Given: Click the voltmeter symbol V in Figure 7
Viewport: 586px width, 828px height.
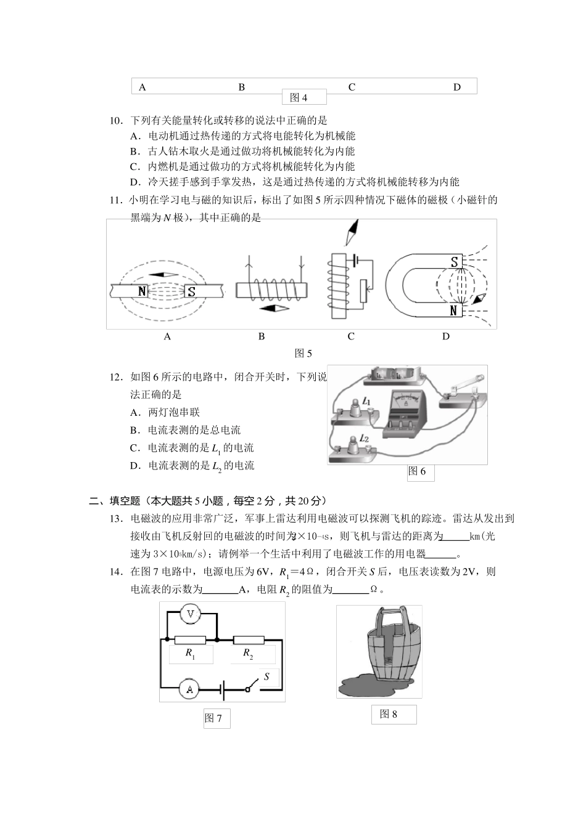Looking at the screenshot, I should click(x=191, y=614).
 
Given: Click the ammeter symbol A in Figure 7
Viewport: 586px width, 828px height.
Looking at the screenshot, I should click(x=189, y=689).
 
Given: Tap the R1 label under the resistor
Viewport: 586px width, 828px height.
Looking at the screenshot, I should click(x=191, y=654).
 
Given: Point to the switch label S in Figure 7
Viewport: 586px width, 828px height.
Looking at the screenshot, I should click(x=266, y=676).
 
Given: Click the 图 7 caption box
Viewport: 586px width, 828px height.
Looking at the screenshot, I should click(x=217, y=718).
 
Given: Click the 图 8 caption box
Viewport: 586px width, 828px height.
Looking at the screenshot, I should click(x=394, y=714).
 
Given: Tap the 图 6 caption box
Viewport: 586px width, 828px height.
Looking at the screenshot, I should click(x=420, y=471).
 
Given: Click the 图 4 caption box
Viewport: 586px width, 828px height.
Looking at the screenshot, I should click(x=303, y=97).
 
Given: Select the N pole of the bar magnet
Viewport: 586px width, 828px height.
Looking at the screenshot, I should click(x=142, y=291).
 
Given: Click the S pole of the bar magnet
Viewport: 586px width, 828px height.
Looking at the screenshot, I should click(x=191, y=291).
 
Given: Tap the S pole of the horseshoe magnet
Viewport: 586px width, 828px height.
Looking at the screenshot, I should click(x=454, y=262).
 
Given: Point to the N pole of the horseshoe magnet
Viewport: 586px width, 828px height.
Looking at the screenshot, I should click(x=454, y=310).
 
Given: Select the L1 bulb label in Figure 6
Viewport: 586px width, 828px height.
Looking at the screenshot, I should click(x=366, y=402).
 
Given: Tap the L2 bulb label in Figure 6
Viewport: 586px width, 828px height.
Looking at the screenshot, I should click(x=364, y=439).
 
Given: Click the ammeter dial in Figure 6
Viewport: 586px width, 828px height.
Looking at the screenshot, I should click(x=405, y=400).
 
